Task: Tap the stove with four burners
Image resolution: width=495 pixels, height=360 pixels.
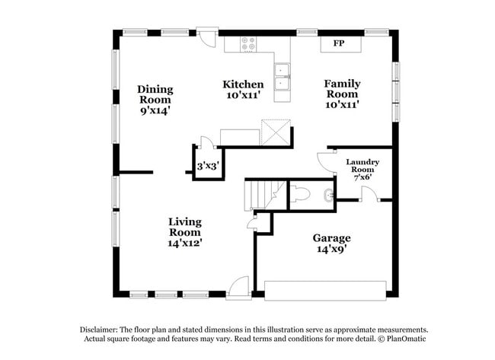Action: [250, 43]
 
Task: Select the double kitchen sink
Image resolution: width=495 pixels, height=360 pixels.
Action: [283, 81]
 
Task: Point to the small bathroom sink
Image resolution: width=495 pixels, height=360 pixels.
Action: [328, 195]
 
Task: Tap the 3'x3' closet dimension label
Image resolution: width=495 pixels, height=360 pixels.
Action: [208, 165]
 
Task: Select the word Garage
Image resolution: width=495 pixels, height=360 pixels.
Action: [331, 237]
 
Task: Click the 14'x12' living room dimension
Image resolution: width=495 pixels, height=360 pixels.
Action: [184, 243]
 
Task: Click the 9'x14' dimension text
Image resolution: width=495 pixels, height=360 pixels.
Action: [155, 110]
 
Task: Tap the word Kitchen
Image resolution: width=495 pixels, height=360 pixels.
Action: [243, 84]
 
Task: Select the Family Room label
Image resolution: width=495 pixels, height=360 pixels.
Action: [342, 88]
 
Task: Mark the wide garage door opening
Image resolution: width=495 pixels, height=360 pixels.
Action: [325, 288]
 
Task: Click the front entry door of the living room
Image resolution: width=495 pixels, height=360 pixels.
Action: [238, 287]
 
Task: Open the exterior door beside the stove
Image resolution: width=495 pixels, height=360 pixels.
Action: [206, 37]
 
